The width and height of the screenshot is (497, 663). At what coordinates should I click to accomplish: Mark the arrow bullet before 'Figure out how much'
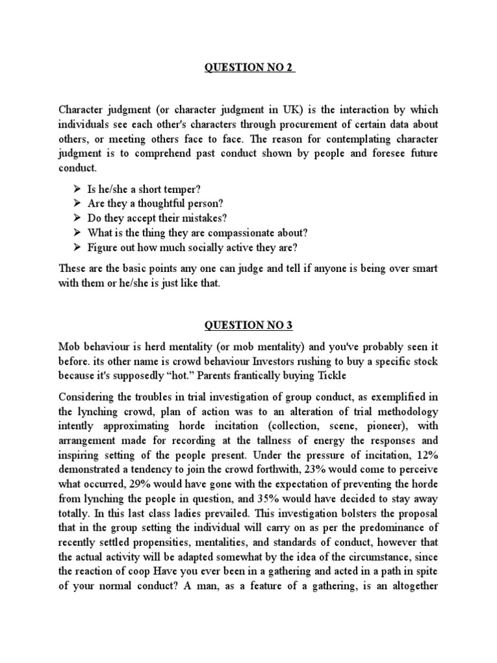77,247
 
